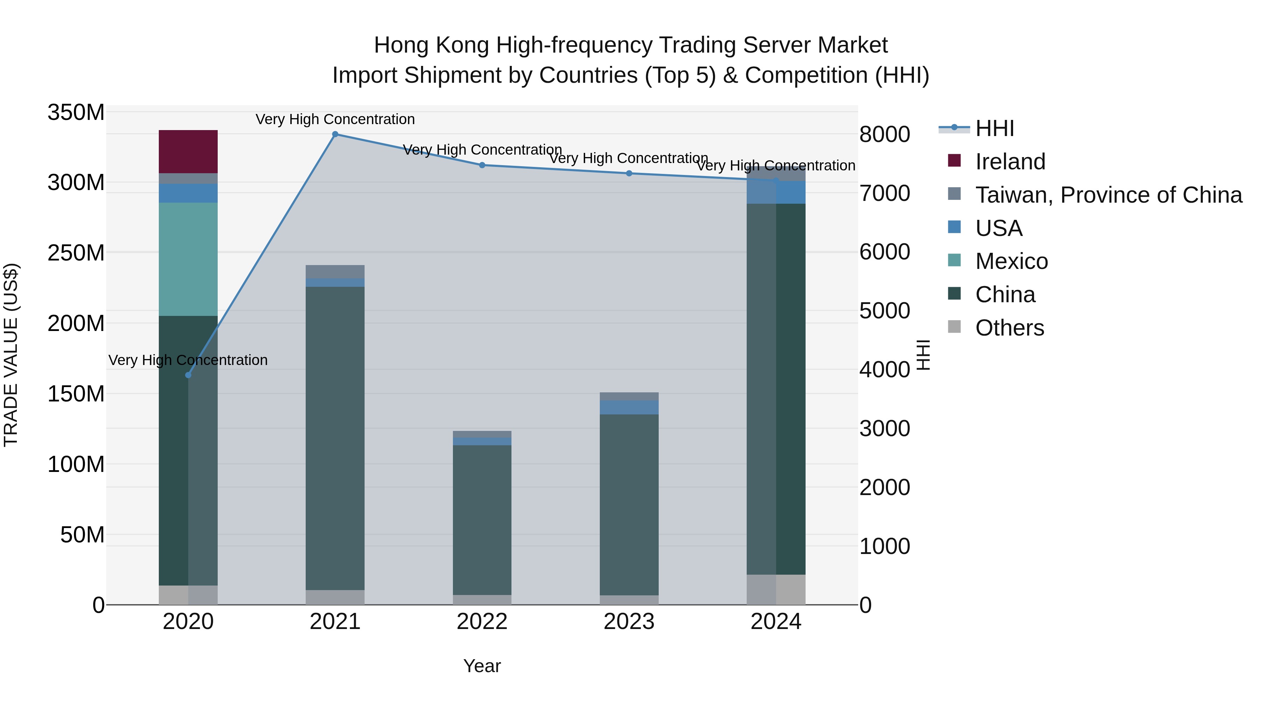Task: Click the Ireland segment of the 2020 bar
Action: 188,151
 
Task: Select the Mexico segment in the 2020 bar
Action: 188,259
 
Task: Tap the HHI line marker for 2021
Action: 335,134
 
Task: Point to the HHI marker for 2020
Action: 188,375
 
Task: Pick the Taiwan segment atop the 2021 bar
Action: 335,271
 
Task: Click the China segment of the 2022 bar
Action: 482,519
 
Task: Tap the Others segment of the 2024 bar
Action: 776,589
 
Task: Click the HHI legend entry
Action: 995,128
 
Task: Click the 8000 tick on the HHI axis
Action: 885,135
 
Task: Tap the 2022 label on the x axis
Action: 482,622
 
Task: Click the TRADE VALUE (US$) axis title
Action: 11,355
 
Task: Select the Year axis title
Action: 482,666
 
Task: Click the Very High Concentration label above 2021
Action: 335,120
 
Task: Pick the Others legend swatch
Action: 954,327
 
